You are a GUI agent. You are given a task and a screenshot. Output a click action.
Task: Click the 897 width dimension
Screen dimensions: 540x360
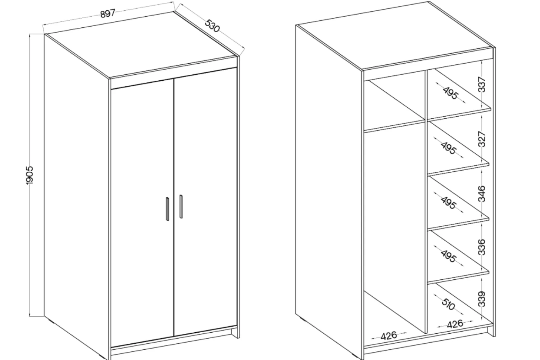tap(108, 13)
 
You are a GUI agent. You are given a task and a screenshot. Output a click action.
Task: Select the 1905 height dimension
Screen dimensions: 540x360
tap(29, 175)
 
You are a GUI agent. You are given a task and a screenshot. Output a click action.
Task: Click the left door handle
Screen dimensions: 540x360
tap(167, 209)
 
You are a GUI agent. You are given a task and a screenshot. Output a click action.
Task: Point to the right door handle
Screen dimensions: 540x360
tap(181, 207)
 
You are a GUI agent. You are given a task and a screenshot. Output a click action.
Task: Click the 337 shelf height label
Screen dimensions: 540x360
tap(482, 84)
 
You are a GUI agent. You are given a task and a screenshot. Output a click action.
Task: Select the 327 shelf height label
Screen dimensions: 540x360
tap(482, 139)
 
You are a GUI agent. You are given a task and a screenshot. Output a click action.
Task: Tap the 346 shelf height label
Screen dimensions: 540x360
tap(482, 193)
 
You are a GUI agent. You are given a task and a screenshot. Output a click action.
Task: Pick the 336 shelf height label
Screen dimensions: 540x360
tap(482, 247)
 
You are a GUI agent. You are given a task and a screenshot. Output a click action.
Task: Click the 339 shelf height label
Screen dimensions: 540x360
tap(482, 299)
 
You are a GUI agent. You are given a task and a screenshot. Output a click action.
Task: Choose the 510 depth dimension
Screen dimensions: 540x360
tap(448, 304)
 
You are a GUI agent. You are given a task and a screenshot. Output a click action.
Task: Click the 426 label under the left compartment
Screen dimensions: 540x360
tap(389, 336)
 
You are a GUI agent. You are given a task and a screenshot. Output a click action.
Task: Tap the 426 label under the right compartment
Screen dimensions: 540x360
tap(455, 324)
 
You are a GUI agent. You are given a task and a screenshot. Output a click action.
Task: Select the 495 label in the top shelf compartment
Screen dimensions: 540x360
tap(450, 93)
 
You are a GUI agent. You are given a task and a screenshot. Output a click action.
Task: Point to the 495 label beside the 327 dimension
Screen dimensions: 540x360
tap(449, 148)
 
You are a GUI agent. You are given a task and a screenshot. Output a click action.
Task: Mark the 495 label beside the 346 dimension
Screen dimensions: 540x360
tap(449, 202)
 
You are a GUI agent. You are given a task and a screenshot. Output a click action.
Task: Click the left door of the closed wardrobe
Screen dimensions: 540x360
tap(142, 212)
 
